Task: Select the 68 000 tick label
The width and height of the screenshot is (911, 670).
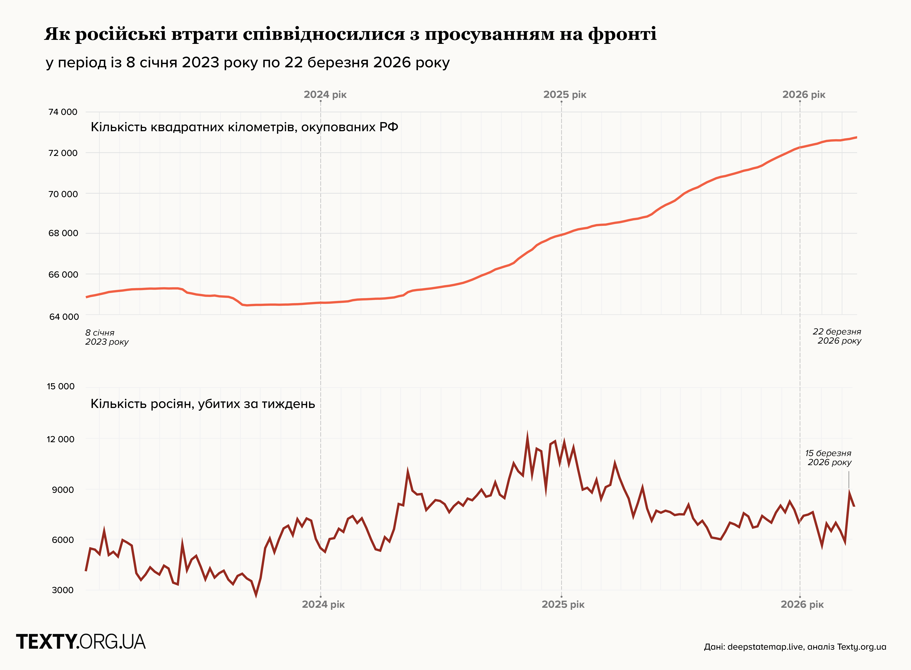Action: pos(63,233)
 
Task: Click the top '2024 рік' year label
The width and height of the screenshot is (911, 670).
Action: pos(325,95)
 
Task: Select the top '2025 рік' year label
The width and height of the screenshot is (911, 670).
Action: pos(565,95)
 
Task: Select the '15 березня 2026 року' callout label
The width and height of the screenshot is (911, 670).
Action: pos(829,458)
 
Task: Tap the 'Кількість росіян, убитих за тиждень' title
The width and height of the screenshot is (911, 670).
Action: pos(203,404)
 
